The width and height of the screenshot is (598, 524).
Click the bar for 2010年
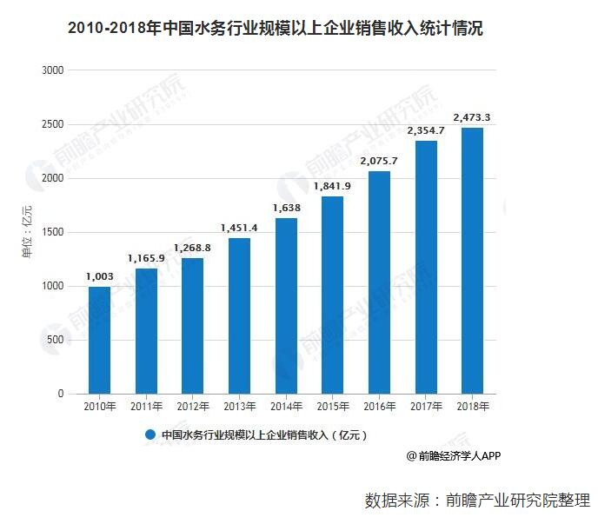(x=99, y=340)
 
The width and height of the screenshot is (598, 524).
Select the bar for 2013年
(x=239, y=315)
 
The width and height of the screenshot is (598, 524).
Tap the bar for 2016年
(x=379, y=282)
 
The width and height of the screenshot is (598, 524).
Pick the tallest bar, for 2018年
(x=472, y=261)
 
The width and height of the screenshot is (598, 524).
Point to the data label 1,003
(x=99, y=276)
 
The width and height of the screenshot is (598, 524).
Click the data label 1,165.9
(x=146, y=258)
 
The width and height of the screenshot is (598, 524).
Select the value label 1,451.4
(x=239, y=228)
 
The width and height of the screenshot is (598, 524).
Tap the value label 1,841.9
(x=332, y=186)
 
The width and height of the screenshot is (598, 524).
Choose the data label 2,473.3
(x=472, y=117)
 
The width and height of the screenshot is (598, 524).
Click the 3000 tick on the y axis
(x=53, y=70)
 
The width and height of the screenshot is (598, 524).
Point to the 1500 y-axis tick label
(x=53, y=232)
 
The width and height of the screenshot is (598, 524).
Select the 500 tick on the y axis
(x=56, y=340)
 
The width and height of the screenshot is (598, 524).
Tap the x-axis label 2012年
(x=193, y=407)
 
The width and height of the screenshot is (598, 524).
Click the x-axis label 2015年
(x=332, y=407)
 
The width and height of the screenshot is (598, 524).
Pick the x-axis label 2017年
(x=425, y=407)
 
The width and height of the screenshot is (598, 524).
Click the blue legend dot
(x=150, y=434)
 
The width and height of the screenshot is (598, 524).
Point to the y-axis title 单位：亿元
(x=27, y=232)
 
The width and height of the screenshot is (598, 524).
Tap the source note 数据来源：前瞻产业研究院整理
(x=477, y=501)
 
